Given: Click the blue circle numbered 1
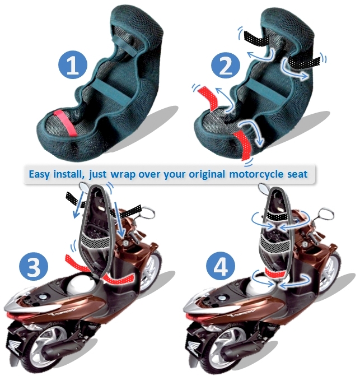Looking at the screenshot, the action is [73, 65].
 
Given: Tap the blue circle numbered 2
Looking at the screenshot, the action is [226, 65].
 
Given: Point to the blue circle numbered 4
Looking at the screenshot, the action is [221, 266].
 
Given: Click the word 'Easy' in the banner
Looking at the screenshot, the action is [40, 174].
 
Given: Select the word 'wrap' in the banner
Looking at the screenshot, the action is [123, 175].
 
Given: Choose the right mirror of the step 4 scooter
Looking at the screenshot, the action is [326, 213].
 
